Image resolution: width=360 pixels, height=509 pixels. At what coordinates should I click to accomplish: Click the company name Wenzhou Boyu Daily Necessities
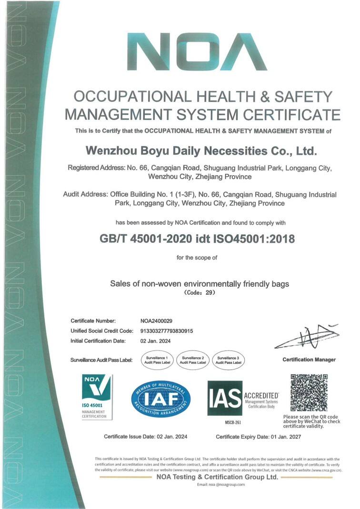point(200,151)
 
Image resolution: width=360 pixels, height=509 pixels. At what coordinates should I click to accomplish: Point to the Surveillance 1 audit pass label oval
point(157,360)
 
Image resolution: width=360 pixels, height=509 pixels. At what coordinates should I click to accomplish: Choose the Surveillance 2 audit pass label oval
point(193,360)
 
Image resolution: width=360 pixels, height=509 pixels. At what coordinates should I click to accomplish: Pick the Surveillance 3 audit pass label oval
point(229,360)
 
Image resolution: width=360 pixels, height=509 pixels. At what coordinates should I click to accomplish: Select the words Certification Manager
point(309,359)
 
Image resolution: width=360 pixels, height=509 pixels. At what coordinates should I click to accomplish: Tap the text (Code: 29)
point(200,293)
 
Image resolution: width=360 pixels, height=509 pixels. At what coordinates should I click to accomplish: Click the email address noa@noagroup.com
point(220,484)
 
